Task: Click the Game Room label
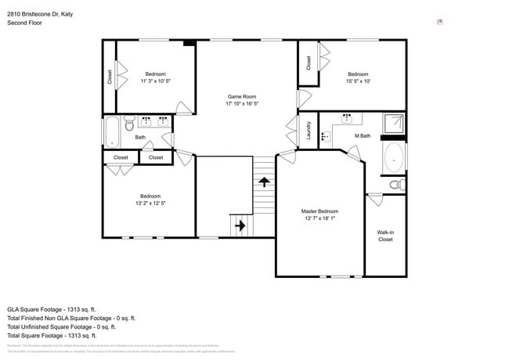coord(241,96)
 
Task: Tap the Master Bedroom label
coord(319,211)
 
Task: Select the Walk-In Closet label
coord(385,236)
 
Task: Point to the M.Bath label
coord(361,136)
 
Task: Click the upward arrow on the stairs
coord(264,182)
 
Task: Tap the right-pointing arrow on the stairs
coord(240,226)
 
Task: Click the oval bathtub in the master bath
coord(393,157)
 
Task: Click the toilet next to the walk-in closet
coord(396,185)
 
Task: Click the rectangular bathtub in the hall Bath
coord(110,131)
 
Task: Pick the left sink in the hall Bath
coord(146,121)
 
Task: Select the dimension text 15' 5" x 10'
coord(358,81)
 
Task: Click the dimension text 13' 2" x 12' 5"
coord(150,203)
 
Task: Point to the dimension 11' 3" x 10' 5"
coord(155,81)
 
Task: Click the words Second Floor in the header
coord(25,23)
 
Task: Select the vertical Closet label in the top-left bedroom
coord(110,77)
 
